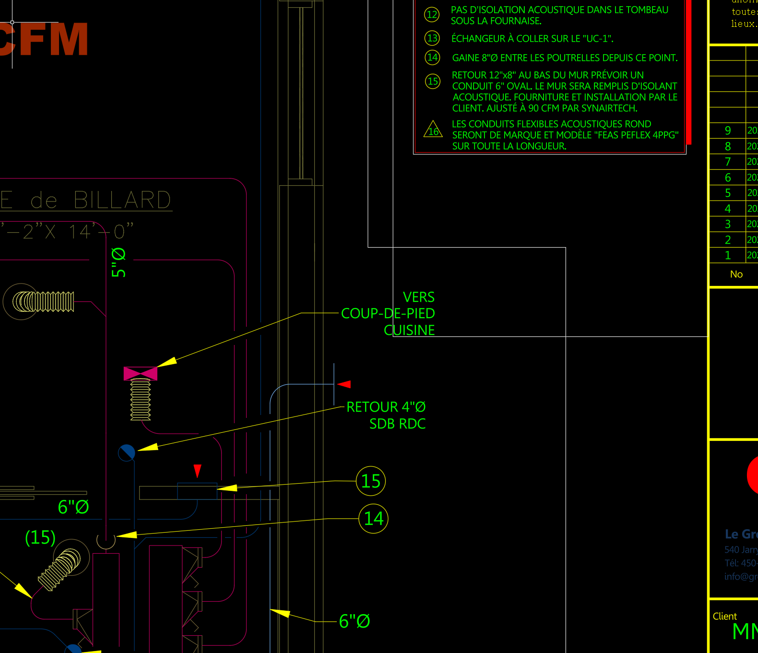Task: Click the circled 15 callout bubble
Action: click(x=370, y=481)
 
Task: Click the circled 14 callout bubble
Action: click(x=373, y=519)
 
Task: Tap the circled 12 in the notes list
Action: click(x=432, y=14)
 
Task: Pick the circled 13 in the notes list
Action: click(x=432, y=38)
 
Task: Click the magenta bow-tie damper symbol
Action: click(x=140, y=373)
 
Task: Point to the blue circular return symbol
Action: click(x=127, y=452)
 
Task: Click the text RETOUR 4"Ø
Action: click(x=386, y=407)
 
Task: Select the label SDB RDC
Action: click(x=397, y=424)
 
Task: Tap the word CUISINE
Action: click(x=409, y=330)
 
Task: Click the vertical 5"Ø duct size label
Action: click(x=118, y=262)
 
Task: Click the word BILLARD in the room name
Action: click(x=122, y=200)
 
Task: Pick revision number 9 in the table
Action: click(x=728, y=131)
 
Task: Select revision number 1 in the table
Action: click(x=728, y=255)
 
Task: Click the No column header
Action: click(x=736, y=274)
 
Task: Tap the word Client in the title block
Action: click(x=724, y=616)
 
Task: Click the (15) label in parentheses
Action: click(x=40, y=537)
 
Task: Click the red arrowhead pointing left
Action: click(x=344, y=384)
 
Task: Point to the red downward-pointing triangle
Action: click(x=197, y=470)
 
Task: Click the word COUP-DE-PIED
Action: click(x=388, y=313)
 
